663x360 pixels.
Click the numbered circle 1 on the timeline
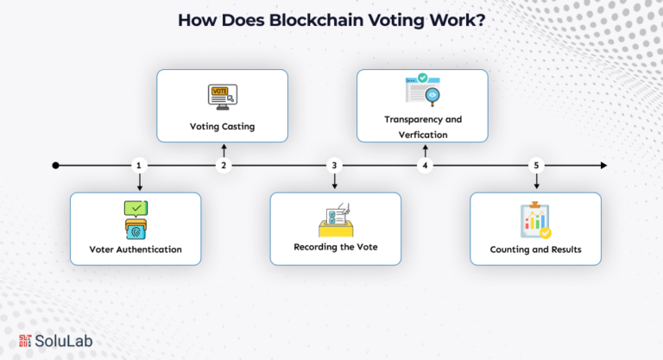pyautogui.click(x=138, y=165)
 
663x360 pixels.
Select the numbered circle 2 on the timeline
pyautogui.click(x=224, y=165)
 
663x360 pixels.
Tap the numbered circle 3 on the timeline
pyautogui.click(x=335, y=165)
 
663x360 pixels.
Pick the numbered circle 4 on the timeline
pyautogui.click(x=424, y=165)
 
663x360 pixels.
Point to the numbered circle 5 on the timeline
pyautogui.click(x=536, y=165)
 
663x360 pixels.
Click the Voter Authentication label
pyautogui.click(x=136, y=249)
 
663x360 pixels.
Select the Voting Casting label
pyautogui.click(x=223, y=126)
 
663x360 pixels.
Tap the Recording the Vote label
pyautogui.click(x=335, y=247)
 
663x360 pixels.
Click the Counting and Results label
pyautogui.click(x=535, y=249)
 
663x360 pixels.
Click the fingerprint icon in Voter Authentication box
pyautogui.click(x=136, y=231)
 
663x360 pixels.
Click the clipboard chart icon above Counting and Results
pyautogui.click(x=535, y=221)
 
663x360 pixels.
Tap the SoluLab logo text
pyautogui.click(x=64, y=341)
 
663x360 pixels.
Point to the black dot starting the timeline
pyautogui.click(x=55, y=165)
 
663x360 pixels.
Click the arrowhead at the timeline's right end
pyautogui.click(x=603, y=165)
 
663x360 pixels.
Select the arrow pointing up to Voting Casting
pyautogui.click(x=224, y=150)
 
